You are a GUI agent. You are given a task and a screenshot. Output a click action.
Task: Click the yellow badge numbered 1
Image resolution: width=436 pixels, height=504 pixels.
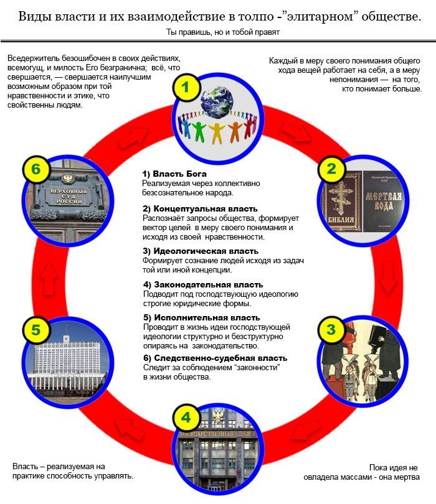pyautogui.click(x=185, y=87)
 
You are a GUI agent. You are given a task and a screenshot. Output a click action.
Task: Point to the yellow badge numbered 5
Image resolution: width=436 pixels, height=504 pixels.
pyautogui.click(x=36, y=329)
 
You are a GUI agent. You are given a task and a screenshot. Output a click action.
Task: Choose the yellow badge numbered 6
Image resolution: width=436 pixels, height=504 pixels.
pyautogui.click(x=36, y=168)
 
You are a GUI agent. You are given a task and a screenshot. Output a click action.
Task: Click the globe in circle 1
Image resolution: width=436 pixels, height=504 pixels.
pyautogui.click(x=217, y=97)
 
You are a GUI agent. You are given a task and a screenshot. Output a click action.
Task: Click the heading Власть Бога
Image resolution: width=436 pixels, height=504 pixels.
pyautogui.click(x=174, y=174)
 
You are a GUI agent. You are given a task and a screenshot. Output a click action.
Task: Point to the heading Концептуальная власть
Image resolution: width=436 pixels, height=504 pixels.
pyautogui.click(x=200, y=208)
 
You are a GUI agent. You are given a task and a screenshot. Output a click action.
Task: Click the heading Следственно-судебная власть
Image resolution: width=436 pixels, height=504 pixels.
pyautogui.click(x=215, y=358)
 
